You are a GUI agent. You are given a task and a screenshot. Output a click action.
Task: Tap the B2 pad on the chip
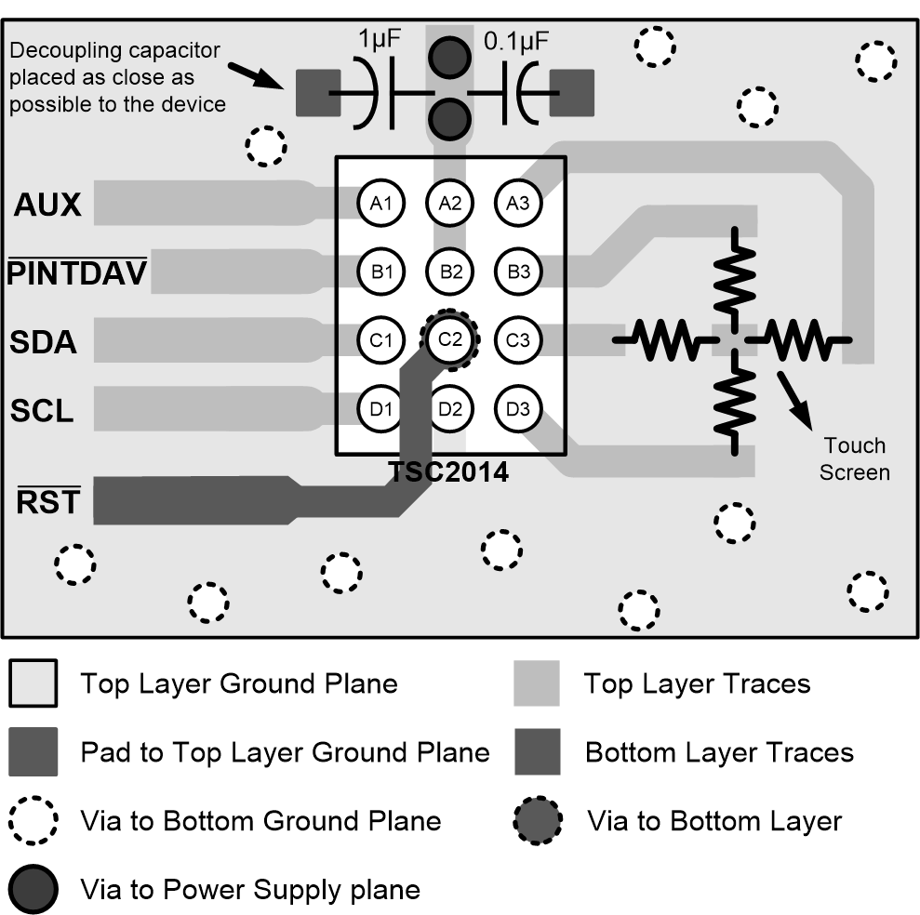[x=450, y=272]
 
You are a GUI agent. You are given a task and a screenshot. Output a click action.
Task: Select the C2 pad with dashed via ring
[x=450, y=339]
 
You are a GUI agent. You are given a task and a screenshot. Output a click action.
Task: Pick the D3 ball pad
[x=518, y=407]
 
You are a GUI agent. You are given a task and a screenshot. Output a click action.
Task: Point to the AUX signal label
[x=47, y=206]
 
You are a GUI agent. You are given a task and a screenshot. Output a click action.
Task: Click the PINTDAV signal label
[x=77, y=273]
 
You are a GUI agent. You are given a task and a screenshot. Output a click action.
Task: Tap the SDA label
[x=43, y=342]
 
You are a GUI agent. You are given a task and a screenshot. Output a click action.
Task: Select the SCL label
[x=42, y=410]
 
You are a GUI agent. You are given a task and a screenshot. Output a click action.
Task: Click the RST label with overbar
[x=48, y=504]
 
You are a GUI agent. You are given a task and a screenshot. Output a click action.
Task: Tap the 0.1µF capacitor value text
[x=516, y=41]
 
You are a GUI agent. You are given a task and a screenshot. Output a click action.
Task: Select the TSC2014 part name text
[x=449, y=471]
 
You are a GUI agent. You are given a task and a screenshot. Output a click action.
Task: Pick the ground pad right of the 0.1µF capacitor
[x=571, y=94]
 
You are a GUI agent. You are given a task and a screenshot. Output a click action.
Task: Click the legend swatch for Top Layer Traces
[x=537, y=684]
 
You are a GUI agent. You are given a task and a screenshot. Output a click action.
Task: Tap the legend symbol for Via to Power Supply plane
[x=33, y=890]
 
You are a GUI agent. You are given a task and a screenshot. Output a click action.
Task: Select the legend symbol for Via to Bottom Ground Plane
[x=33, y=821]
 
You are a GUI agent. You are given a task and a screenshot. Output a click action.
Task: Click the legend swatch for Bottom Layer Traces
[x=537, y=752]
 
